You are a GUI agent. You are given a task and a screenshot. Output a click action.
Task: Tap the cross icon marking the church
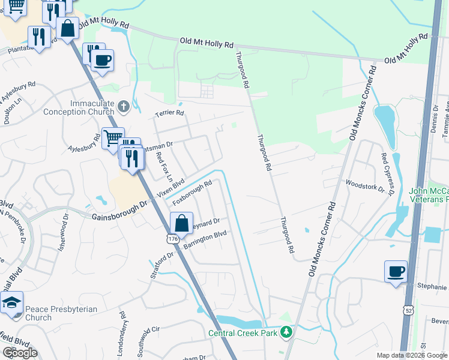click(124, 107)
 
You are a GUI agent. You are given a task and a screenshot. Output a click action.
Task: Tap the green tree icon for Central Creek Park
click(287, 332)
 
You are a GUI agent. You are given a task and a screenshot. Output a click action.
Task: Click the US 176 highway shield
click(173, 239)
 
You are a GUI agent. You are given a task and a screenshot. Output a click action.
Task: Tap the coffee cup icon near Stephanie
click(396, 271)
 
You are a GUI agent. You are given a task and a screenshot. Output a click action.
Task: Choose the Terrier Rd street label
click(169, 112)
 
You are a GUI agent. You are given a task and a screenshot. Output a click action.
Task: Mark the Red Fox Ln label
click(164, 167)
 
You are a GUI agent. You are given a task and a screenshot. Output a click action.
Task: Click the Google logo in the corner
click(20, 352)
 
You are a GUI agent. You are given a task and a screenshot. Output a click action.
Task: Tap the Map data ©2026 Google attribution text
click(411, 355)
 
